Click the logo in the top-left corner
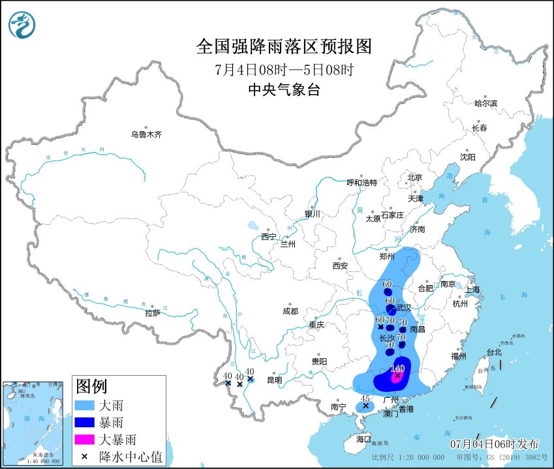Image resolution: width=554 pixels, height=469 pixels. coord(22,25)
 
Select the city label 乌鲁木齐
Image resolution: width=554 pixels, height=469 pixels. coord(146,134)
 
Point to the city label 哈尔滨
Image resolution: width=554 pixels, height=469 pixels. coord(485,103)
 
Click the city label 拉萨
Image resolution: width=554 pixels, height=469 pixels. coord(153,313)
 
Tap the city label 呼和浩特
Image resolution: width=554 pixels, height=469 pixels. coord(362,183)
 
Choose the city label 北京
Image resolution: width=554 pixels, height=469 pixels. coord(414,177)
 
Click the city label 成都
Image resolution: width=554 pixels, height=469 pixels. coord(290,311)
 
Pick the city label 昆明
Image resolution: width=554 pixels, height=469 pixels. coord(274,380)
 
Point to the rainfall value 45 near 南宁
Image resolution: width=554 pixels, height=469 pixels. coord(365,399)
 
